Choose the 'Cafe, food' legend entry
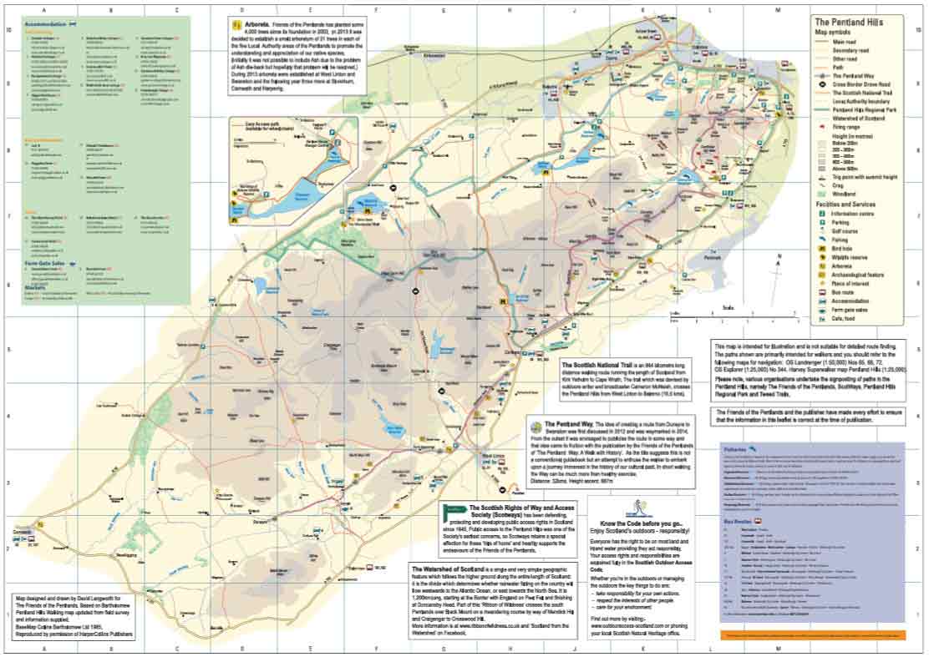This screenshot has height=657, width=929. click(x=849, y=319)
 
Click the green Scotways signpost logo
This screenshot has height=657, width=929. click(x=454, y=508)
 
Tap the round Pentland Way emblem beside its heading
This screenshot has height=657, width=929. click(x=537, y=425)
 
